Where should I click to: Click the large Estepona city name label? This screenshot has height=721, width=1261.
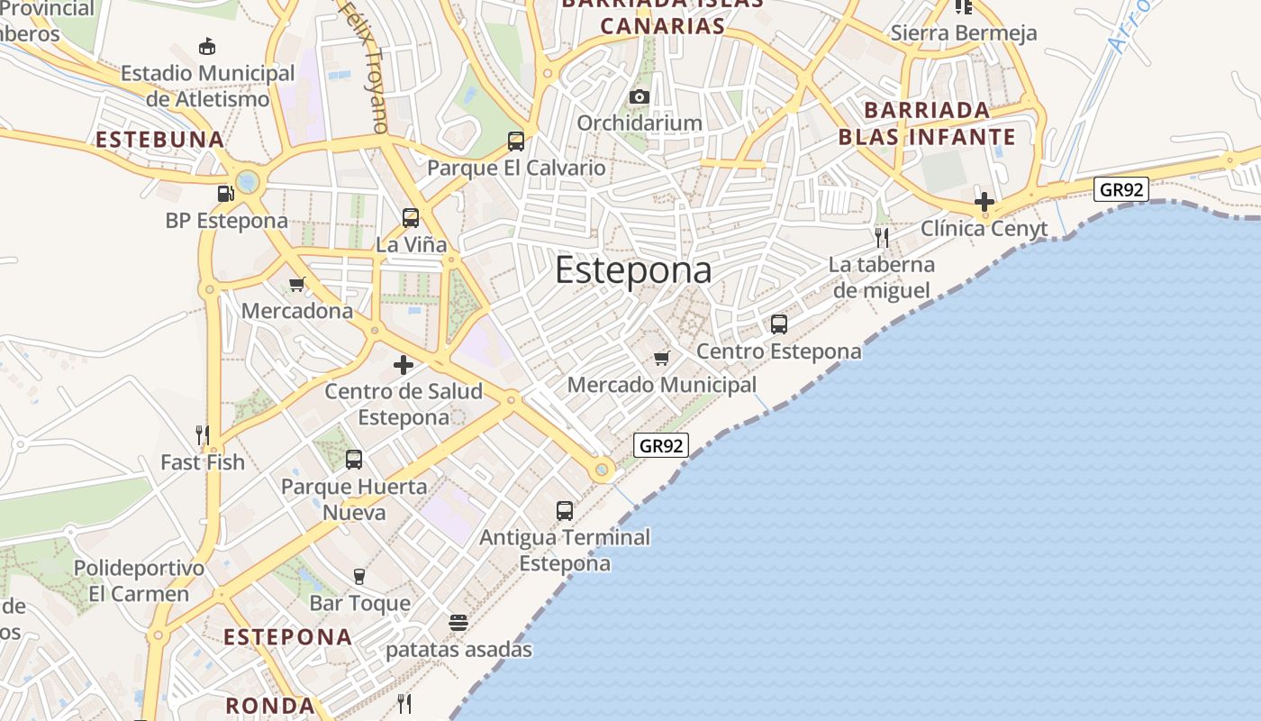[x=633, y=269]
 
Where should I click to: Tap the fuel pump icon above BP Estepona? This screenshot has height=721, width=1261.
[x=225, y=193]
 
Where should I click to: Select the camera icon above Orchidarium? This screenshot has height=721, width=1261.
[x=640, y=96]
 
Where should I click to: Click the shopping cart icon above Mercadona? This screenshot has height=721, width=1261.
[x=296, y=285]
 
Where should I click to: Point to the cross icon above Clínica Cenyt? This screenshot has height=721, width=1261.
[x=984, y=202]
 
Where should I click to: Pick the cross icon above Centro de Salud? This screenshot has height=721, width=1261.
[x=404, y=365]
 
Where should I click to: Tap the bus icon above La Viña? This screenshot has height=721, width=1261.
[x=411, y=217]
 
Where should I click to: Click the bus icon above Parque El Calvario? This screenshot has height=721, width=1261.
[x=516, y=141]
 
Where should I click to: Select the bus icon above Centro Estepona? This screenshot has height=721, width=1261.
[x=779, y=324]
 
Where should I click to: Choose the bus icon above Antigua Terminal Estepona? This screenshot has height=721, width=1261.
[x=565, y=511]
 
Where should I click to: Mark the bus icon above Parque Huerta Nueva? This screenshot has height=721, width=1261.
[x=354, y=460]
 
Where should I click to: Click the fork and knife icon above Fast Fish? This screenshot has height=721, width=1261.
[x=203, y=435]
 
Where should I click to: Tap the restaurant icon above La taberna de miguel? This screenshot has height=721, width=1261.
[x=882, y=238]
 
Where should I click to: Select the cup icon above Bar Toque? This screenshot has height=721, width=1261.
[x=359, y=577]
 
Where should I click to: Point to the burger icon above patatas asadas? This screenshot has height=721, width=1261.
[x=458, y=623]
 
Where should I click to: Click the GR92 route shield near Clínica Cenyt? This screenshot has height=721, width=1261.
[x=1121, y=190]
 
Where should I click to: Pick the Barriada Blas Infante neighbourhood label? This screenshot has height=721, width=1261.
[x=927, y=123]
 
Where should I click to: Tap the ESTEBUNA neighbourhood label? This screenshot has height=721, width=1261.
[x=159, y=140]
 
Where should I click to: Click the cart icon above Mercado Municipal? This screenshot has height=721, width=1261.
[x=662, y=359]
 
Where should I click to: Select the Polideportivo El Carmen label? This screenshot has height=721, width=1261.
[x=139, y=581]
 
